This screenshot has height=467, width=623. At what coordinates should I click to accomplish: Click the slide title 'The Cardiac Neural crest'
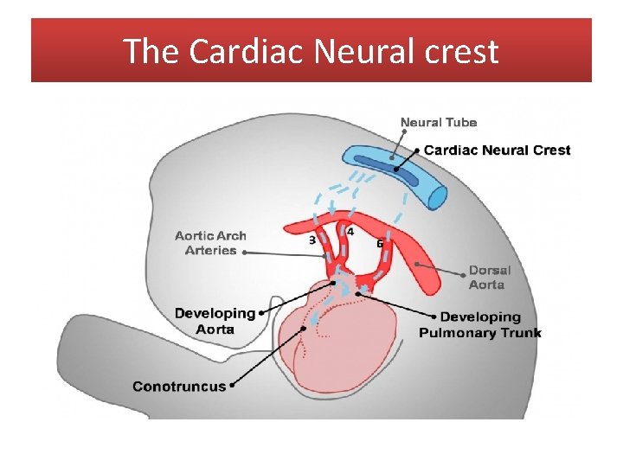pos(311,52)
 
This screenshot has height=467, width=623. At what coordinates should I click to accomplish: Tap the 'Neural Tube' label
pos(438,123)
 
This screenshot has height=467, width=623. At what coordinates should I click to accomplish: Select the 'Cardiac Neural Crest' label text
pos(497,150)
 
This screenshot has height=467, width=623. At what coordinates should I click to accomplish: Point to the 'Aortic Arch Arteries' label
pos(210,243)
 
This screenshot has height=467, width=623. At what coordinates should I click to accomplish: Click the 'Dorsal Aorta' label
pos(490,277)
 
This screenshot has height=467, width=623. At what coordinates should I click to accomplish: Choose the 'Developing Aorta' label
pos(215,321)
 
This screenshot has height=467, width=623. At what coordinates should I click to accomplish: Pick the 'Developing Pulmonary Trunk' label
pos(479,325)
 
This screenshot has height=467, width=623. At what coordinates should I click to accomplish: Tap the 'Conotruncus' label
pos(178,386)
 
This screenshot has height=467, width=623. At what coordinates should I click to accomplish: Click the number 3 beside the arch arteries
pos(312,240)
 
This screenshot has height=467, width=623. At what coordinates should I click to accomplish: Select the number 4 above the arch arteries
pos(350,231)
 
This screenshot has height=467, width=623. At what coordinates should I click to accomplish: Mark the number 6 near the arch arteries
pos(380,243)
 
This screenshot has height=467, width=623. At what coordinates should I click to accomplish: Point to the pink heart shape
pos(346,346)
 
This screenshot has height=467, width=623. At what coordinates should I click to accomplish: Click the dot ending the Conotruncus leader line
pos(304,329)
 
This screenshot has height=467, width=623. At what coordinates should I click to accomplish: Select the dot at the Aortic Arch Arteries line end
pos(245,253)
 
